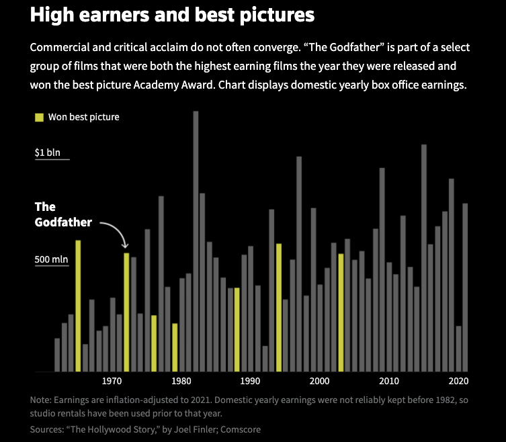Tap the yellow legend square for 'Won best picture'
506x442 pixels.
39,117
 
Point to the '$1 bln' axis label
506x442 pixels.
48,152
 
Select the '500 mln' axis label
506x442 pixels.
52,259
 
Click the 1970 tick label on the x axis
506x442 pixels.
112,381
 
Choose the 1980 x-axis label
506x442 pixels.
181,381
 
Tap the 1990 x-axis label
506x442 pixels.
250,381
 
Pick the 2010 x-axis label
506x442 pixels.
388,381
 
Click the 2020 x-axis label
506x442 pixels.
458,381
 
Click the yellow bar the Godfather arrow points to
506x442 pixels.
126,312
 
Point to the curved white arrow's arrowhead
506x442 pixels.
126,247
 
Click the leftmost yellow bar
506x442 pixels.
78,306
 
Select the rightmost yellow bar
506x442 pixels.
341,312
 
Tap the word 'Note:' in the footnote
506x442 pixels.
42,400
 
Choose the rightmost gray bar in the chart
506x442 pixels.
465,287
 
